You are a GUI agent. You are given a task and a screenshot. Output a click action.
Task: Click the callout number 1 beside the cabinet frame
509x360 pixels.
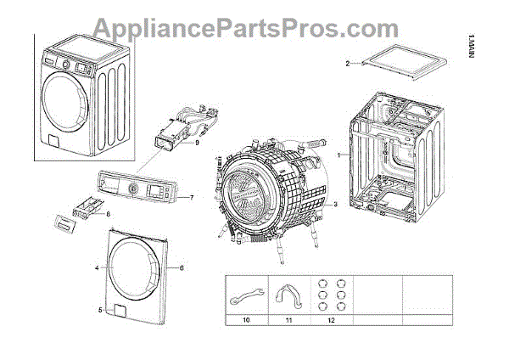point(338,156)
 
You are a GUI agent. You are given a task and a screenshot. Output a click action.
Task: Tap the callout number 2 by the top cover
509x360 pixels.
point(347,64)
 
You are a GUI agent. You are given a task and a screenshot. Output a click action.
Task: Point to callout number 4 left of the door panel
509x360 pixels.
point(98,268)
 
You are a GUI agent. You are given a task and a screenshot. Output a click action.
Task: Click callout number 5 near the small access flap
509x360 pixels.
point(99,310)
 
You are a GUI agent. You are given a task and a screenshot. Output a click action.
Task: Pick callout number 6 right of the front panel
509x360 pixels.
point(182,267)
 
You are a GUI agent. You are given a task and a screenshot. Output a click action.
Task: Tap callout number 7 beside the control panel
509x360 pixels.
point(192,197)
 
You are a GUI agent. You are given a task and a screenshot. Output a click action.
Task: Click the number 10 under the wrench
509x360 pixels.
point(247,321)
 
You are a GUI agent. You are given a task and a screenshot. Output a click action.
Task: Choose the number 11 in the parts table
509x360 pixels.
point(288,321)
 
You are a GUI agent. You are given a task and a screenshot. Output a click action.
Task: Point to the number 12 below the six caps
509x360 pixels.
point(332,321)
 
